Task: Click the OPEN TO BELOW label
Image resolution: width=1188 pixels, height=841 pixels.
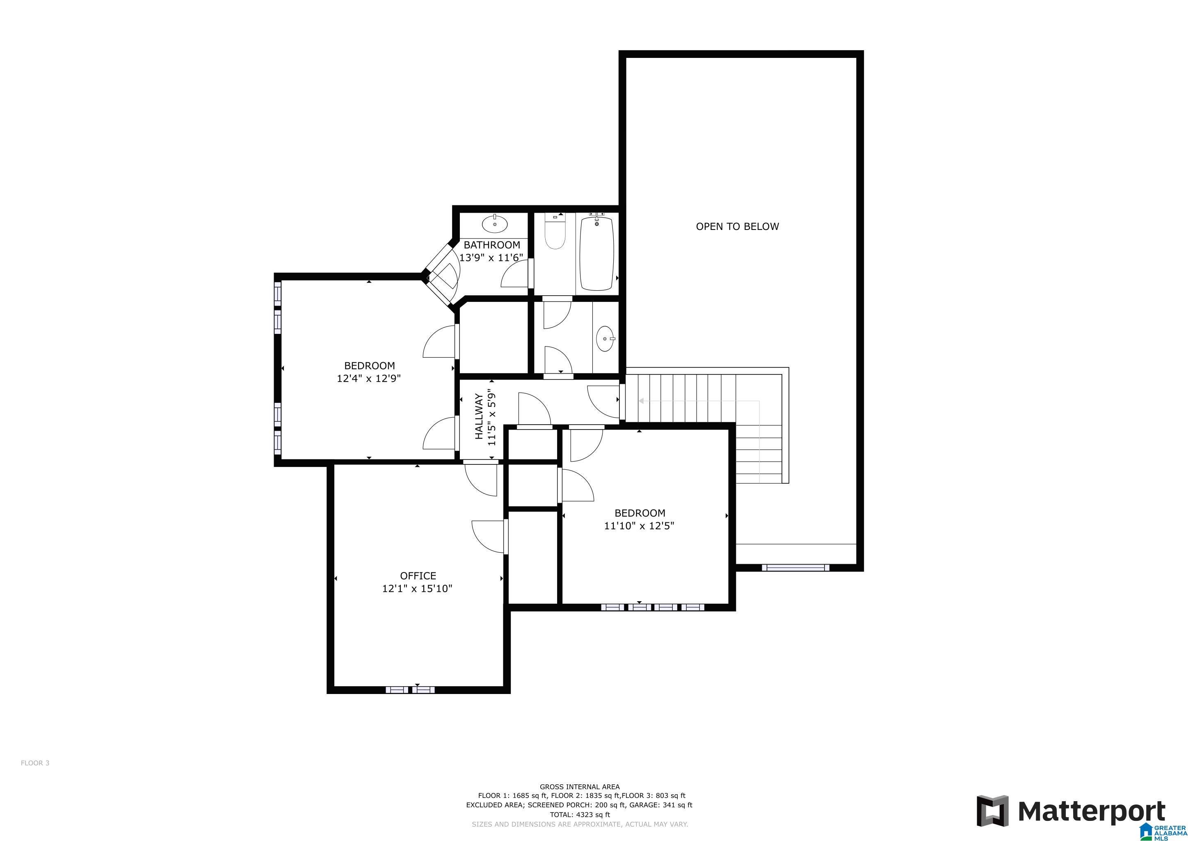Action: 737,226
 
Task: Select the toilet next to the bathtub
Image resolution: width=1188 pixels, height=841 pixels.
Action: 554,236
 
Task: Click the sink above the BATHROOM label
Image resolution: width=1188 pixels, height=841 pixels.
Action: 495,224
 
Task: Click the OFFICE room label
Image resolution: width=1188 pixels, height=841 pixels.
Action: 418,576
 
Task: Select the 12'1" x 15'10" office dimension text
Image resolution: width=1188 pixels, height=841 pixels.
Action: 417,589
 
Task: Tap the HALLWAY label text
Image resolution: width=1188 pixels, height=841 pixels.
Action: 479,416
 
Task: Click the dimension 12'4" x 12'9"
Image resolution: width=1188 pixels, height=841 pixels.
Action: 368,379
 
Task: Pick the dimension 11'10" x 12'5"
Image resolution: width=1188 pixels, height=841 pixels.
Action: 639,526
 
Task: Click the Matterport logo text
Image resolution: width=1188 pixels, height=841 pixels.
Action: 1092,811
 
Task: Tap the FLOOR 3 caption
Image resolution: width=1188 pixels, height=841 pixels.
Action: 35,763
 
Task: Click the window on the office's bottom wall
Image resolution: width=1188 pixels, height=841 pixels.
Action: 410,690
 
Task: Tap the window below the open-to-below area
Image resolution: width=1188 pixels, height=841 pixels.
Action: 795,568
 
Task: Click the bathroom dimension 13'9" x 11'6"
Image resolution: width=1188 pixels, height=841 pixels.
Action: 491,257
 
